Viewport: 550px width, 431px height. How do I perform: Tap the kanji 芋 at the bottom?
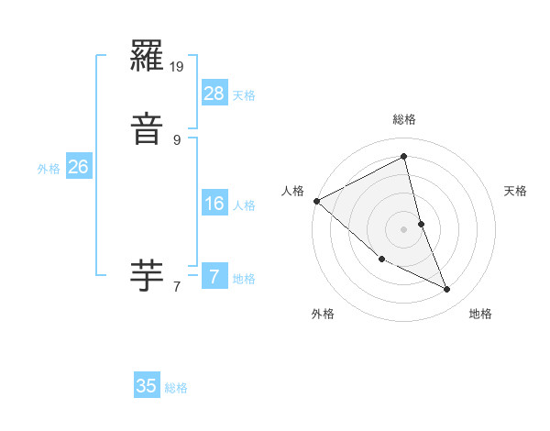coord(148,275)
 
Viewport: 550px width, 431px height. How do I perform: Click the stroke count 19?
coord(178,67)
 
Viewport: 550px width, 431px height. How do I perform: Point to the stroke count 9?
coord(177,139)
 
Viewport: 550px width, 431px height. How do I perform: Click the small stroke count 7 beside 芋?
coord(177,286)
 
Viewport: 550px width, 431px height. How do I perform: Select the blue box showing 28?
coord(214,93)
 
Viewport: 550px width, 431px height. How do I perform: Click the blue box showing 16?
coord(214,204)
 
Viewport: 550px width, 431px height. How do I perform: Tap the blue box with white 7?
coord(214,276)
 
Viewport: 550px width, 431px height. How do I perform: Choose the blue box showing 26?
coord(79,167)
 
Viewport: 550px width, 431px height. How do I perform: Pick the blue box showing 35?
coord(147,386)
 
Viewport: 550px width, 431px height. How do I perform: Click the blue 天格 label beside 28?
coord(244,94)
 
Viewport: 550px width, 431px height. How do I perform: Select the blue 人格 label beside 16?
coord(244,205)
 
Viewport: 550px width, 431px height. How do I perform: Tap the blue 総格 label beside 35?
coord(176,388)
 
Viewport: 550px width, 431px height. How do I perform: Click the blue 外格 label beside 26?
coord(49,169)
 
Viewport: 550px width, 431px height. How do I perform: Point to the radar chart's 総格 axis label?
coord(404,119)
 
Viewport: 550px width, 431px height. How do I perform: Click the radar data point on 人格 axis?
coord(316,201)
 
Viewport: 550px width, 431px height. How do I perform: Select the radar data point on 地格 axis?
coord(447,290)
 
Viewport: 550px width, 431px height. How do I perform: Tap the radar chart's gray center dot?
coord(404,229)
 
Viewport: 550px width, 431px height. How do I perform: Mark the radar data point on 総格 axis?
coord(404,157)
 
